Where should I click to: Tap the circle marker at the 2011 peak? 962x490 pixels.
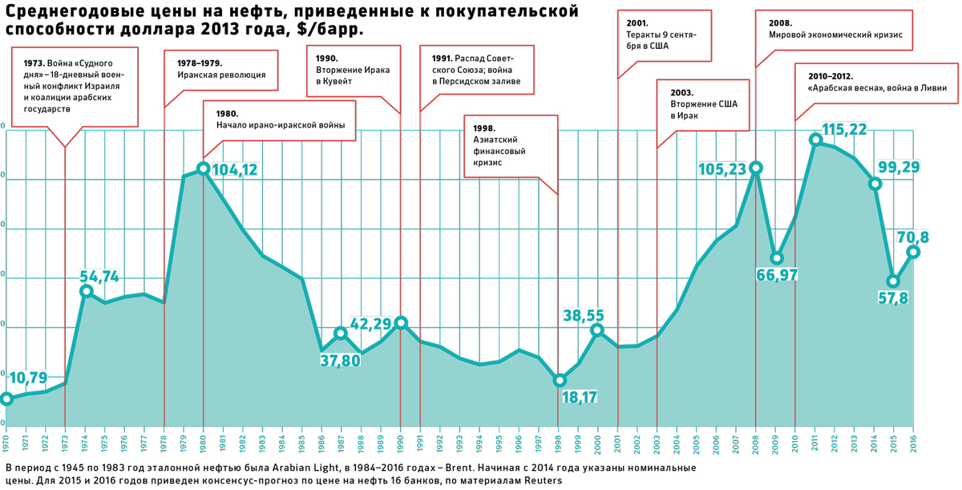point(815,140)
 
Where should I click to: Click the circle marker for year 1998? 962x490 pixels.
point(560,380)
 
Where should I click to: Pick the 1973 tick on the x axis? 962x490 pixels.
point(65,441)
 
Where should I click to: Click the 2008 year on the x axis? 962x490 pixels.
point(755,441)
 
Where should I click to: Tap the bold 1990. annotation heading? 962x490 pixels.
point(328,58)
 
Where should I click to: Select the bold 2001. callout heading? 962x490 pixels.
point(638,23)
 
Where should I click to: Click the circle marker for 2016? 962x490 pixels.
point(913,252)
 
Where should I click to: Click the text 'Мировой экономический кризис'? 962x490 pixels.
point(835,36)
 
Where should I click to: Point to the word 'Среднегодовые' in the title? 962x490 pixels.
point(67,12)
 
